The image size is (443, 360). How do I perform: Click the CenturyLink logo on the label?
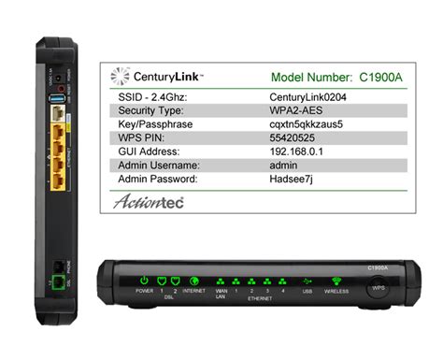tap(153, 76)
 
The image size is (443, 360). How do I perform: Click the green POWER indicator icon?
tap(145, 279)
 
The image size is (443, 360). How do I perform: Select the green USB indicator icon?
tap(307, 280)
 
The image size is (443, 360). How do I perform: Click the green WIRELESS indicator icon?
tap(337, 280)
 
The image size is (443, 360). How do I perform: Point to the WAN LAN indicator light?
tap(221, 280)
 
